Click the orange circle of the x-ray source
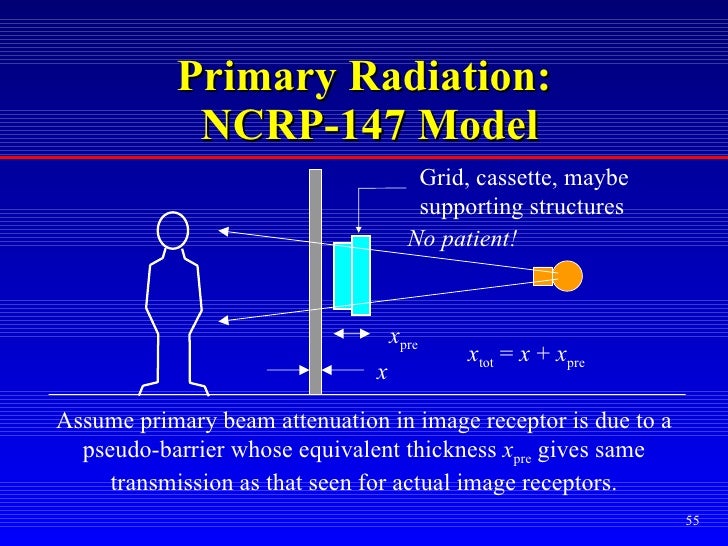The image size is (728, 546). [568, 275]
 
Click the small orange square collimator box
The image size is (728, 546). [543, 276]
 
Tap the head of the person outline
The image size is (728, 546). [173, 230]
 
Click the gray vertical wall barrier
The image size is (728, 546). [315, 280]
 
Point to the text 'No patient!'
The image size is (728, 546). [462, 238]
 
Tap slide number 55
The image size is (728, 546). [692, 521]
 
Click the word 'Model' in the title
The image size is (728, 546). [477, 125]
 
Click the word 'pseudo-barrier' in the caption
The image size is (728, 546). [147, 452]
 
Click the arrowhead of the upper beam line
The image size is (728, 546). [224, 232]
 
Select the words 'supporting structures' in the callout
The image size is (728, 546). [520, 208]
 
